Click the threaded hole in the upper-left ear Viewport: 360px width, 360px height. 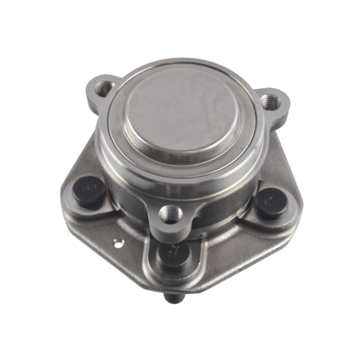pyautogui.click(x=104, y=88)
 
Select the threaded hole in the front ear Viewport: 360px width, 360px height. pyautogui.click(x=171, y=213)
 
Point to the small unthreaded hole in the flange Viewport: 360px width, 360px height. pyautogui.click(x=118, y=243)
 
